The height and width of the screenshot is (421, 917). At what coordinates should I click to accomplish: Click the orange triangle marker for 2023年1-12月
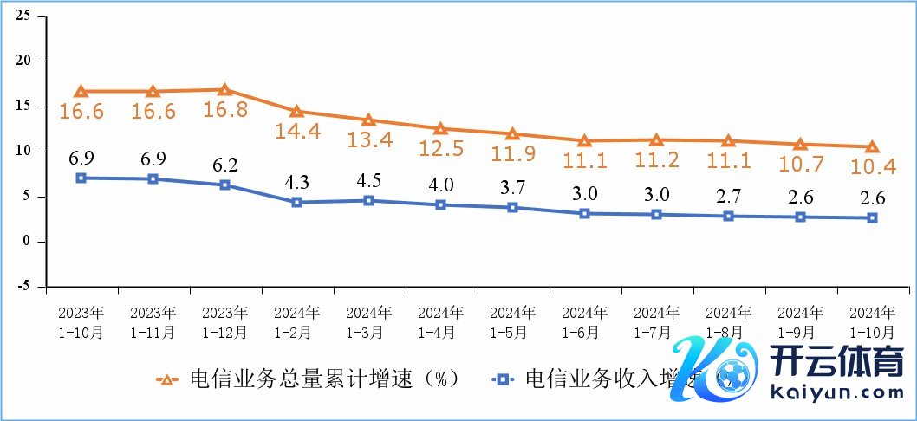tap(224, 89)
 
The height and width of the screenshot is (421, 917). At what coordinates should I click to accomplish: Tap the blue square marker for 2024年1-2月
tap(296, 202)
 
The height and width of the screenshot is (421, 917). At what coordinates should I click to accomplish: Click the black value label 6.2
tap(224, 163)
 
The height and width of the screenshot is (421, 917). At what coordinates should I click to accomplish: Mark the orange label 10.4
tap(872, 166)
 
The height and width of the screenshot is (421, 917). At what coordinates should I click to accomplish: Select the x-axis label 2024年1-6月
tap(583, 321)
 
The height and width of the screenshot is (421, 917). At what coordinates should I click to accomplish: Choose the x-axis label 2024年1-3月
tap(368, 321)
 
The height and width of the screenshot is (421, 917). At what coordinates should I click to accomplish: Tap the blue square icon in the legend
tap(500, 379)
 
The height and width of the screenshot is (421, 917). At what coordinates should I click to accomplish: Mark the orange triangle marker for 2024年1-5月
tap(512, 133)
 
